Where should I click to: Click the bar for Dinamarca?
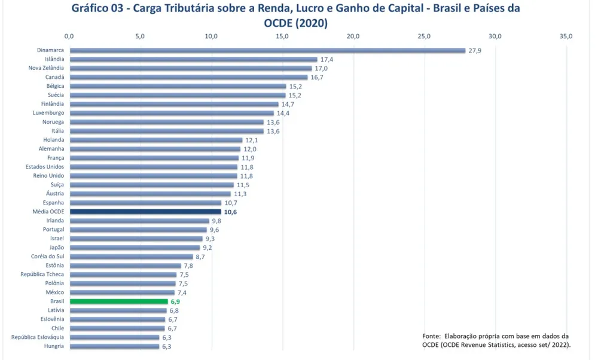267,50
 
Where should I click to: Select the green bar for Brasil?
118,301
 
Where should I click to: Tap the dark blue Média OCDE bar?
145,212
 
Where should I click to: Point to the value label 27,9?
475,50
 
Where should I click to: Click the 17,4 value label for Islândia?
327,59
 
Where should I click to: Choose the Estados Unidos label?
45,167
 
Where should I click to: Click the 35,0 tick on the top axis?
566,36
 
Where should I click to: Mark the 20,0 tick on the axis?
353,36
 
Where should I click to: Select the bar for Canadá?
188,77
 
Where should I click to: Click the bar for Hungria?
114,346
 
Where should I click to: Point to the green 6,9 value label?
175,302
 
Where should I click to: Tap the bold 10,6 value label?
230,212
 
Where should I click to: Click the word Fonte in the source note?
432,336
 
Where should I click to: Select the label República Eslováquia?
38,337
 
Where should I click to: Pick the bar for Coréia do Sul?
131,257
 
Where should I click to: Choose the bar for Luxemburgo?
171,113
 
